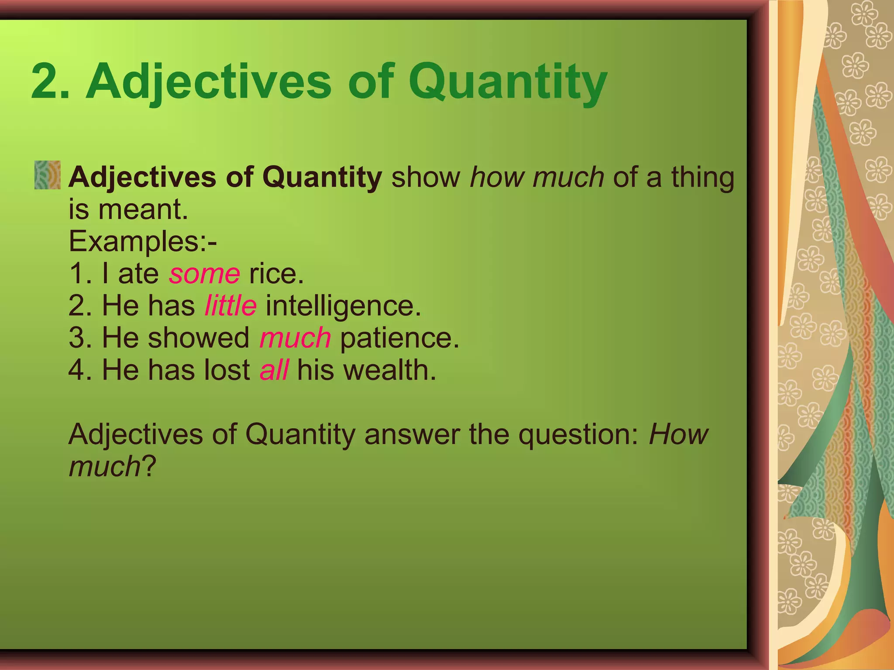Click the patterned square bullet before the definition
pos(48,175)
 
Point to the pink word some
pos(204,274)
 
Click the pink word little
pos(230,305)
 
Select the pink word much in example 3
pos(295,338)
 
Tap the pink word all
pos(274,370)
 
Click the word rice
pos(276,274)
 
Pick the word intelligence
pos(344,306)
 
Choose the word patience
pos(399,338)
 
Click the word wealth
pos(389,370)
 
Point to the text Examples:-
pos(143,242)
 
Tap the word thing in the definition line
pos(703,178)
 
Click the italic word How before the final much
pos(678,434)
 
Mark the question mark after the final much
pos(149,467)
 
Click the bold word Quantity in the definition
pos(322,178)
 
